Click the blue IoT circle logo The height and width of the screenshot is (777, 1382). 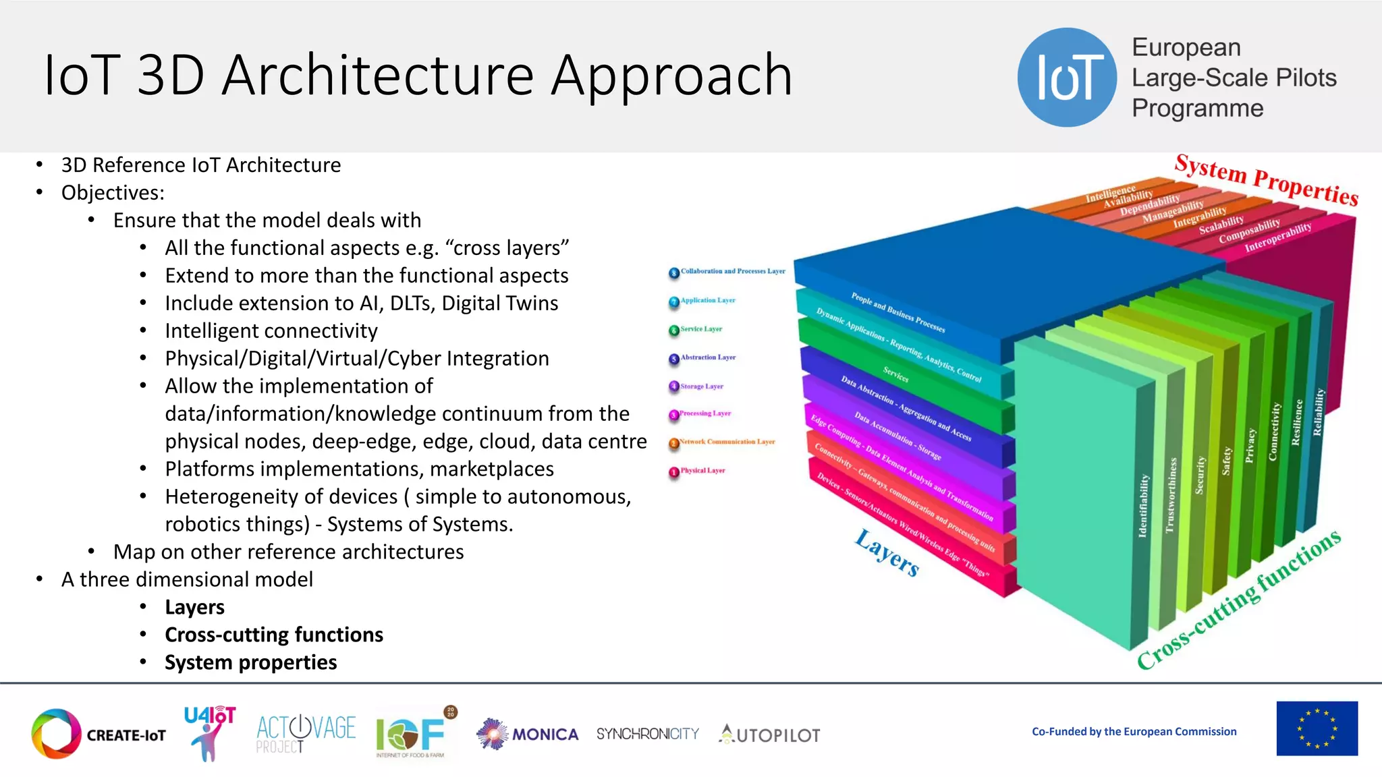coord(1067,78)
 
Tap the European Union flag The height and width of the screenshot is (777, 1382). coord(1317,728)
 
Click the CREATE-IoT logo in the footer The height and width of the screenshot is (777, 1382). coord(99,734)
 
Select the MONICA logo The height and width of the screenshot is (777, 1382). coord(528,734)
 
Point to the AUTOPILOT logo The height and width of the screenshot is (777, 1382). coord(770,735)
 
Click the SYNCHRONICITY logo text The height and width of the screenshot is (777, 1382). coord(647,734)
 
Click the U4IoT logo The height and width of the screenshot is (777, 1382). coord(209,732)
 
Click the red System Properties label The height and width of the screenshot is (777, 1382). coord(1266,179)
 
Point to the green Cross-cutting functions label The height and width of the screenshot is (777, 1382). coord(1239,600)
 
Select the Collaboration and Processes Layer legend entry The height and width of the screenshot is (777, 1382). coord(727,272)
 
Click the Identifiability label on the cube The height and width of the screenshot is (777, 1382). coord(1142,506)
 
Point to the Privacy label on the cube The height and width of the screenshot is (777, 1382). coord(1250,446)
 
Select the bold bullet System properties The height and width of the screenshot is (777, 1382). coord(250,662)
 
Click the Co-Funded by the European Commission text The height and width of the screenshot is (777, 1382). coord(1134,732)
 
